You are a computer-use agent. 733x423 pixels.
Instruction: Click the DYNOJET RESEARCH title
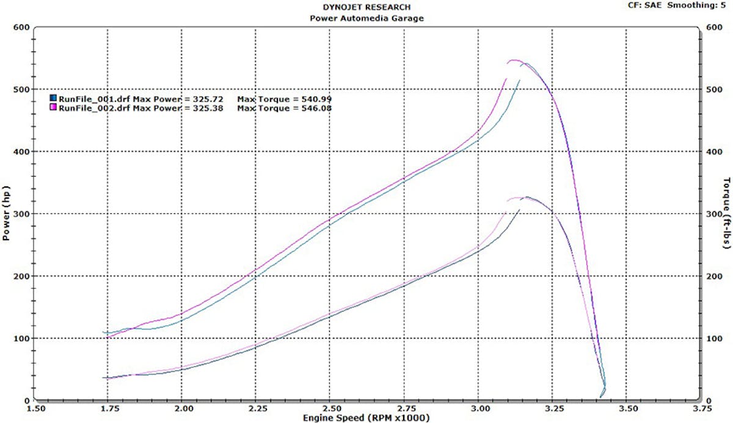pyautogui.click(x=366, y=7)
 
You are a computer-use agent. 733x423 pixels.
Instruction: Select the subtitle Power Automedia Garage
pyautogui.click(x=366, y=18)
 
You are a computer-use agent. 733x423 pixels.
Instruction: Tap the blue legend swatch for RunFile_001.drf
pyautogui.click(x=53, y=98)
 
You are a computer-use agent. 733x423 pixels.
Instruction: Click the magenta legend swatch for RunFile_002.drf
pyautogui.click(x=53, y=108)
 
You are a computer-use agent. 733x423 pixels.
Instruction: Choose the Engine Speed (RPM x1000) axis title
pyautogui.click(x=366, y=418)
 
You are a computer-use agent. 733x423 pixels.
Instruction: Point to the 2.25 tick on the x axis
pyautogui.click(x=257, y=408)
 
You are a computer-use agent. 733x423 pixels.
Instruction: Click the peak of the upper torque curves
pyautogui.click(x=514, y=61)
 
